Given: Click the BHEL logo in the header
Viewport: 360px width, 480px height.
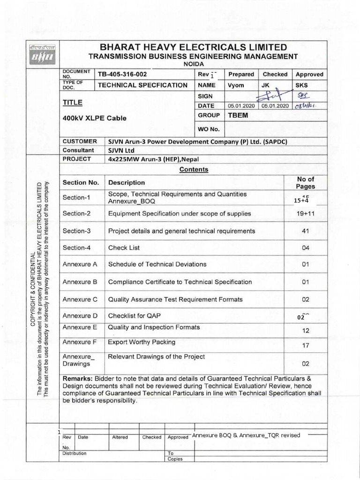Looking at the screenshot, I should pyautogui.click(x=43, y=54).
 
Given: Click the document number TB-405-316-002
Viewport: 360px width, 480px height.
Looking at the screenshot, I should pyautogui.click(x=126, y=74).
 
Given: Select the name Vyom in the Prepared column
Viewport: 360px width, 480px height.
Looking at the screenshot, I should pyautogui.click(x=236, y=85).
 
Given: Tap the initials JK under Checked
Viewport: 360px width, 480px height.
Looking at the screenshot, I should pyautogui.click(x=265, y=85).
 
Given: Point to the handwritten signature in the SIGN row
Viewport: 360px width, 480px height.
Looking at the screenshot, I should pyautogui.click(x=274, y=96).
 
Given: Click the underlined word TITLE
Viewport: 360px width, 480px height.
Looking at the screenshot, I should pyautogui.click(x=73, y=102).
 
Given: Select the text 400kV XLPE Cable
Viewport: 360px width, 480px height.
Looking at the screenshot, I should pyautogui.click(x=94, y=118).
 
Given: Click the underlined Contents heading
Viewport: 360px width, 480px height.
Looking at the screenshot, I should pyautogui.click(x=194, y=170).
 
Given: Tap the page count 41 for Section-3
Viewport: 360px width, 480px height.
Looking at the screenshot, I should pyautogui.click(x=306, y=231).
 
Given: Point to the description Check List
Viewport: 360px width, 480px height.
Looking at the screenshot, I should pyautogui.click(x=124, y=247).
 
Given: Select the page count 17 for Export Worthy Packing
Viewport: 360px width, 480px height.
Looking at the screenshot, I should pyautogui.click(x=306, y=346).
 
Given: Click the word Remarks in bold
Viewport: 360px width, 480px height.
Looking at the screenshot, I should pyautogui.click(x=77, y=378).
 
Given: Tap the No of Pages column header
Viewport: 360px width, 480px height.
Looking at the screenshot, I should pyautogui.click(x=306, y=182).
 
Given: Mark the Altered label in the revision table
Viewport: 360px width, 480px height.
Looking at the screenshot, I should pyautogui.click(x=120, y=437).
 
